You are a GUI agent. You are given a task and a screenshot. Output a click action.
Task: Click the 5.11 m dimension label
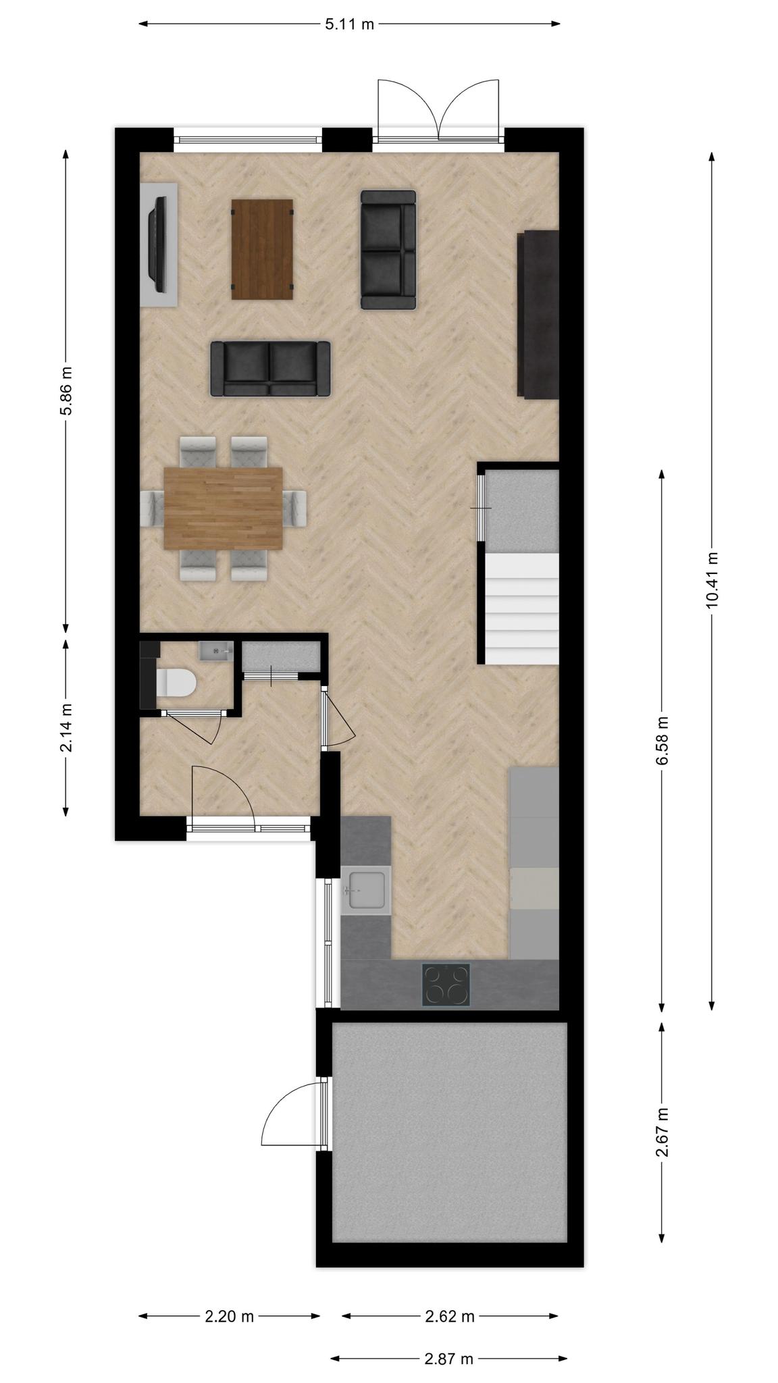point(349,25)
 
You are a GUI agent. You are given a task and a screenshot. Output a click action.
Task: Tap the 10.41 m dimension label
point(711,580)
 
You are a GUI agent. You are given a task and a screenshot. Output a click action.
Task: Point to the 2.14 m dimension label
point(66,727)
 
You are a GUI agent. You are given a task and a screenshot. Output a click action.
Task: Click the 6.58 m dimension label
point(662,741)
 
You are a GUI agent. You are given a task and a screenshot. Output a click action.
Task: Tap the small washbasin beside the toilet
point(215,651)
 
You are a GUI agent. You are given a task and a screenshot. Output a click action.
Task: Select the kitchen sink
point(366,890)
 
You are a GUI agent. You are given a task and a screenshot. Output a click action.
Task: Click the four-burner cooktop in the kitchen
point(446,984)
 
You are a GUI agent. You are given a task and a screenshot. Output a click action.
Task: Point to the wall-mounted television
point(159,244)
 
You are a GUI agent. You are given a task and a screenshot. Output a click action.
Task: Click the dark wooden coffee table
point(263,249)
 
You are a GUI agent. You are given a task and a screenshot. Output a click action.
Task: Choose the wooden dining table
point(224,508)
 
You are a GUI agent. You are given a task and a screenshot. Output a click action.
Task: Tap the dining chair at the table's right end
point(295,508)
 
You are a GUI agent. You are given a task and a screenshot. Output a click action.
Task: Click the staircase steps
point(522,608)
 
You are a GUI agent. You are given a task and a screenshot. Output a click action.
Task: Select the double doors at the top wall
point(438,111)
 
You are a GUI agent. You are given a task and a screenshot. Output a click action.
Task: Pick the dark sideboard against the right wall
point(538,313)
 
